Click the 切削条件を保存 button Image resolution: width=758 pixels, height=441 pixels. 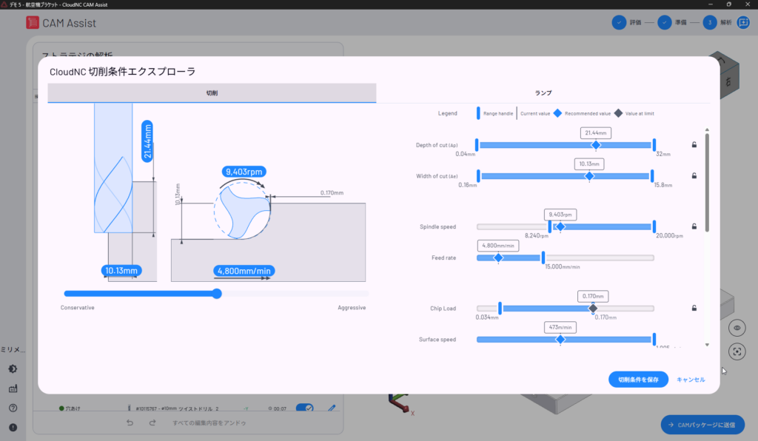(x=638, y=379)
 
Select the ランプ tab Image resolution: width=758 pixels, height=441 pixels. (x=543, y=92)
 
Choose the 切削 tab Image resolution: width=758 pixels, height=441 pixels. (x=212, y=92)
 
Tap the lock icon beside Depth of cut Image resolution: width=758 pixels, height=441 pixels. (x=694, y=145)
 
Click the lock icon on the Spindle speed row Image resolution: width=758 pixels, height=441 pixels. (x=694, y=226)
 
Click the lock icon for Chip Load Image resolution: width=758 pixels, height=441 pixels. (x=694, y=308)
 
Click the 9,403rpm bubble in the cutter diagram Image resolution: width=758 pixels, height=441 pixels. (x=244, y=171)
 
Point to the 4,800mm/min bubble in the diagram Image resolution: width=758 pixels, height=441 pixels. (x=243, y=271)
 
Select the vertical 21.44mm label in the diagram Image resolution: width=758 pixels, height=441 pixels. (x=147, y=141)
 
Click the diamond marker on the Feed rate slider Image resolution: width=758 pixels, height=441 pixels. (x=498, y=257)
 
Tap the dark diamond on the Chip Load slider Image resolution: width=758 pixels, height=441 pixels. (x=592, y=308)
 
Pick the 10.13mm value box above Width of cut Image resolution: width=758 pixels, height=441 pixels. (x=589, y=164)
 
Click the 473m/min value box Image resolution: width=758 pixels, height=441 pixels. (x=560, y=326)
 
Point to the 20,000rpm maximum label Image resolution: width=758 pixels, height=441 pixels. (x=668, y=236)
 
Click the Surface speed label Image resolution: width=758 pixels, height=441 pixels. (x=437, y=340)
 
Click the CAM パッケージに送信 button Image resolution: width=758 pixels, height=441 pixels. (x=702, y=425)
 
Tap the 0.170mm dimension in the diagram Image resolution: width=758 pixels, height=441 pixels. (x=332, y=193)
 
